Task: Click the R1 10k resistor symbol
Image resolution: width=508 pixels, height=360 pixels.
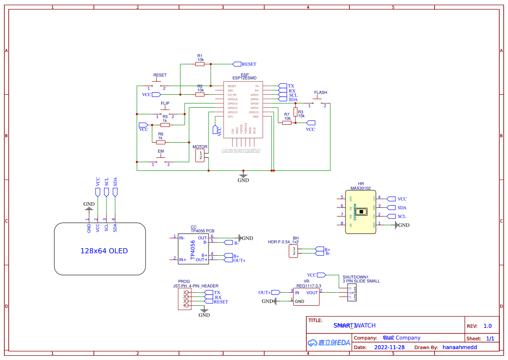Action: pos(200,64)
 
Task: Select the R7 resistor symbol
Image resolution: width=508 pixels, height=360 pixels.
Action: pos(287,123)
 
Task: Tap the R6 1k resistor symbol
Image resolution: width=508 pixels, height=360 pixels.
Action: pos(161,142)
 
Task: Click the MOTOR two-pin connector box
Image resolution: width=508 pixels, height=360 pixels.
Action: pos(200,156)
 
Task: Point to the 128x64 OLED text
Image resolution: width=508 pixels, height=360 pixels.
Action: pos(104,251)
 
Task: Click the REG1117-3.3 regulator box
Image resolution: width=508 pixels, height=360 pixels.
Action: pos(306,297)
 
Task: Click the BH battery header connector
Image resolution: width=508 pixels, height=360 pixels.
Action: pos(294,251)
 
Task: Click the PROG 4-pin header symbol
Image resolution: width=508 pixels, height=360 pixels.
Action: pos(185,299)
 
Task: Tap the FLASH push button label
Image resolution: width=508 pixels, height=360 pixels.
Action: pos(320,93)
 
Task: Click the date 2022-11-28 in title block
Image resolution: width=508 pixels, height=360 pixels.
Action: pos(389,347)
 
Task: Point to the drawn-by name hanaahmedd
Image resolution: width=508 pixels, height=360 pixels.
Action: pos(459,347)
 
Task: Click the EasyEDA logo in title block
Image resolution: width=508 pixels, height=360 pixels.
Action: pos(329,343)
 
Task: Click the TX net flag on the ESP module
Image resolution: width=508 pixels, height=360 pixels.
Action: pos(282,86)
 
